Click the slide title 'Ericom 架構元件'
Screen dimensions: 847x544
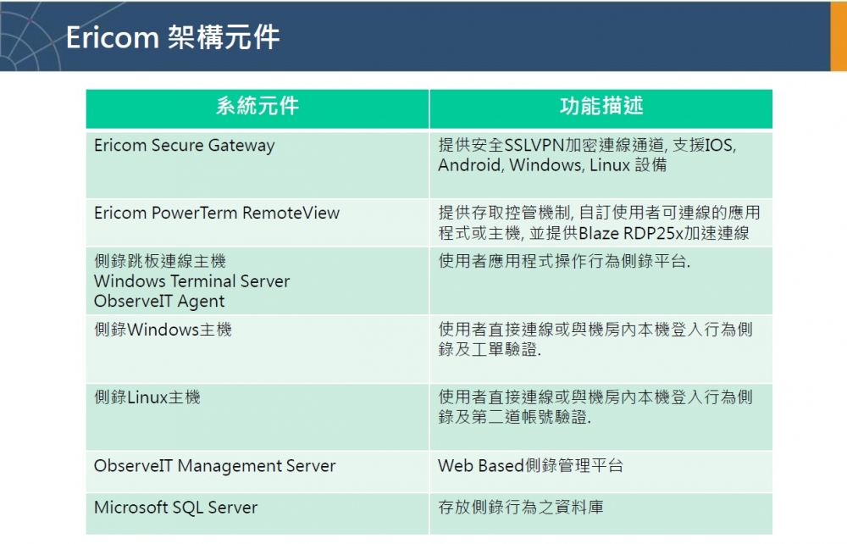coord(173,37)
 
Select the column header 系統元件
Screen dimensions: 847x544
coord(257,106)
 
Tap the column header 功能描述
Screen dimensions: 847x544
coord(601,106)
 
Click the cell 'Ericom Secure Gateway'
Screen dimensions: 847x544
coord(184,145)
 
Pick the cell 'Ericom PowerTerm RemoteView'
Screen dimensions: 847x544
coord(217,213)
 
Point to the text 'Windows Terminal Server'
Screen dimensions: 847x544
coord(191,281)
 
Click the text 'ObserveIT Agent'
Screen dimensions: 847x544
coord(159,302)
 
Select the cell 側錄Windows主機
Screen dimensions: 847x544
coord(163,330)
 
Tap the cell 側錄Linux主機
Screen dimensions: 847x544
coord(147,397)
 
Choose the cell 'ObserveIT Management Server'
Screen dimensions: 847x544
coord(214,466)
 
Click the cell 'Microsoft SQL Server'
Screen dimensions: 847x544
coord(175,508)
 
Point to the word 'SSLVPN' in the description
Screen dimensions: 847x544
coord(534,145)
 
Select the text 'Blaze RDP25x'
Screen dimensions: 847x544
coord(631,233)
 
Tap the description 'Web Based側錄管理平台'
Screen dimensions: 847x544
coord(530,466)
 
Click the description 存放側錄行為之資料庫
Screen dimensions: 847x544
coord(521,508)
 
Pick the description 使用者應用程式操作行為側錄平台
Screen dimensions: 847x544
coord(564,262)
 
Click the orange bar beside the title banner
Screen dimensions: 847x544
coord(839,36)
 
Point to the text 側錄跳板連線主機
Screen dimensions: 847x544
coord(160,262)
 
